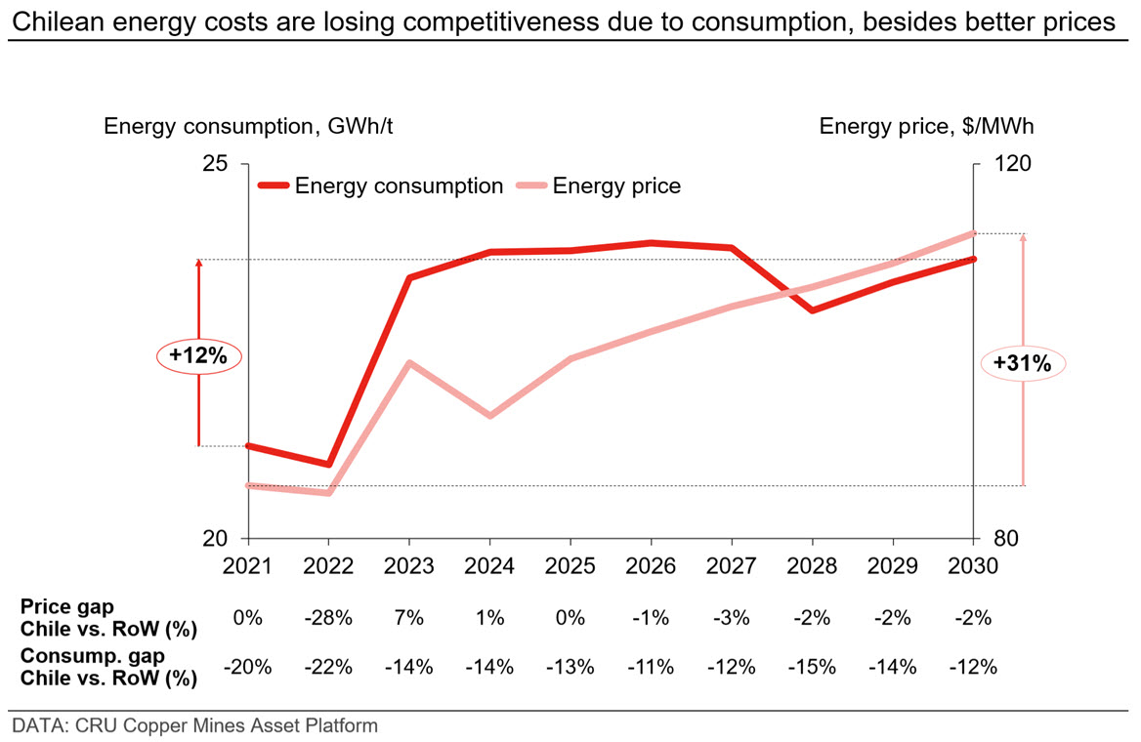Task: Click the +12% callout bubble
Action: tap(198, 355)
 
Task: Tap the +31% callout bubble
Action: tap(1023, 362)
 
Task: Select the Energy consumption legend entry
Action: tap(381, 185)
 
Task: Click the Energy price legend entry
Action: tap(599, 185)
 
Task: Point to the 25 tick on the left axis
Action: tap(215, 163)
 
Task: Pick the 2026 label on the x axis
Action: tap(651, 566)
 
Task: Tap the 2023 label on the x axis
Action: tap(409, 566)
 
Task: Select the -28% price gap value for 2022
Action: tap(328, 618)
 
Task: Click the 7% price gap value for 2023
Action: tap(409, 618)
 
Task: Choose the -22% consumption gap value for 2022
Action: tap(328, 667)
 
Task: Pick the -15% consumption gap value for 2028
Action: tap(812, 667)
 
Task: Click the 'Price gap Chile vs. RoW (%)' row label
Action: tap(108, 618)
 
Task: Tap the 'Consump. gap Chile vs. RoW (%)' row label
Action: tap(108, 667)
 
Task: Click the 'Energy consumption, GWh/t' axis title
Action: tap(248, 126)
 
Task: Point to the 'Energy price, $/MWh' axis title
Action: tap(926, 126)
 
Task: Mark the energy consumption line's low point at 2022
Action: tap(329, 464)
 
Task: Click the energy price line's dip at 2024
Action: tap(489, 415)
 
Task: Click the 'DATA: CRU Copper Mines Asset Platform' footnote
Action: tap(195, 725)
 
